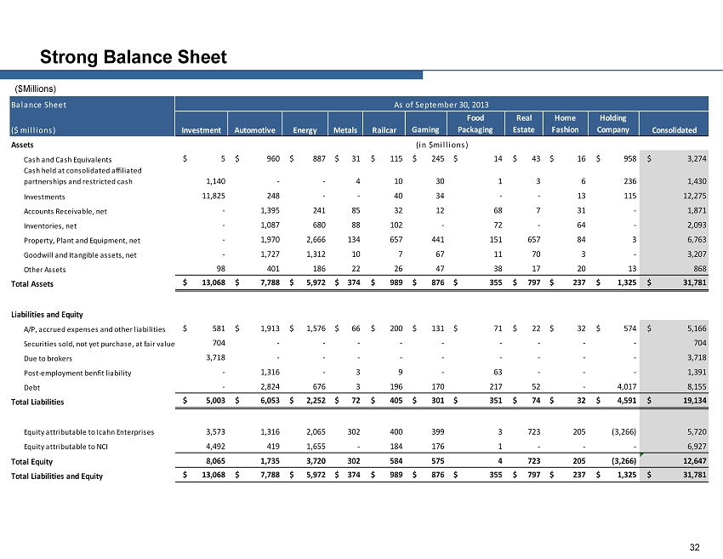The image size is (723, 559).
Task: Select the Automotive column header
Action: [x=254, y=130]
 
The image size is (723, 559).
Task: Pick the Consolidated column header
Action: [x=674, y=130]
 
